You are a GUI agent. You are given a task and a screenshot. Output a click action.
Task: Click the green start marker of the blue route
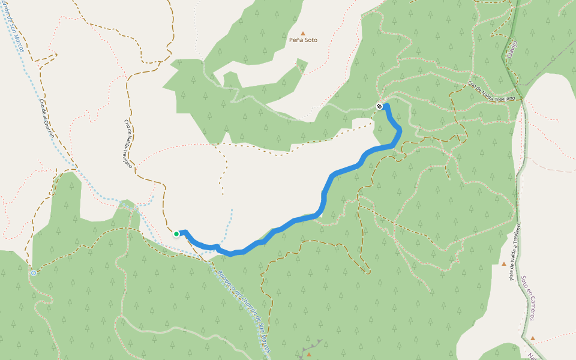pos(176,234)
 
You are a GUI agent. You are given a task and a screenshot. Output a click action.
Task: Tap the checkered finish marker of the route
pos(379,106)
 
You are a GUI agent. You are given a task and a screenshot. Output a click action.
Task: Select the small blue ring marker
pos(34,272)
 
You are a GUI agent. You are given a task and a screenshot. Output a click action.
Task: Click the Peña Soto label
pos(303,40)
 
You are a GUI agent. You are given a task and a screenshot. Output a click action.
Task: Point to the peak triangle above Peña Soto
pos(303,33)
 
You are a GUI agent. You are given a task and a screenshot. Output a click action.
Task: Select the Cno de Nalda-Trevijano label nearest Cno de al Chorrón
pos(128,143)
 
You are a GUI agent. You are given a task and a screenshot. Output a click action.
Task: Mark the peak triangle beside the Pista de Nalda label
pos(504,263)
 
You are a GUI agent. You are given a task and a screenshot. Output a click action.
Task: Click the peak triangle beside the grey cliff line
pos(309,355)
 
